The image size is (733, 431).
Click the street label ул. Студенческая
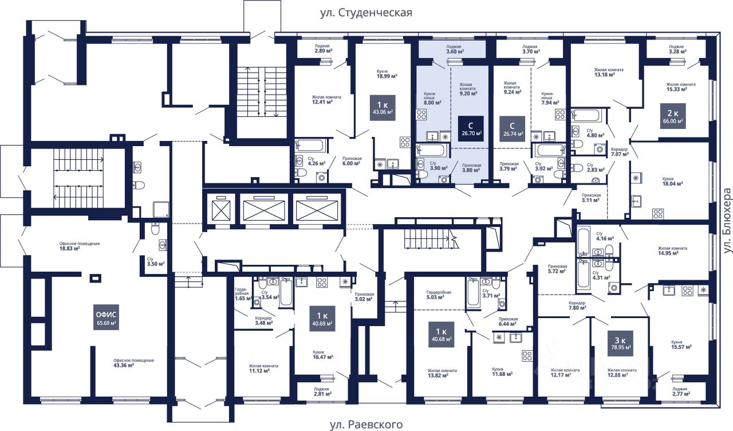(366, 12)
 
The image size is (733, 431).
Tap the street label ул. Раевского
(366, 425)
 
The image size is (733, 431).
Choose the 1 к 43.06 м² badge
(381, 108)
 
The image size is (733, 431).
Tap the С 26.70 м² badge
(470, 128)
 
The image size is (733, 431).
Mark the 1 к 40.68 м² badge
(440, 334)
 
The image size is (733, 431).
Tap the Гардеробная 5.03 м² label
(439, 295)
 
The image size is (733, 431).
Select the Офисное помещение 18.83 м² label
(80, 246)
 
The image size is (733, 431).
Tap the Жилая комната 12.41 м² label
(326, 100)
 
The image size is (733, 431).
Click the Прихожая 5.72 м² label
(557, 269)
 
